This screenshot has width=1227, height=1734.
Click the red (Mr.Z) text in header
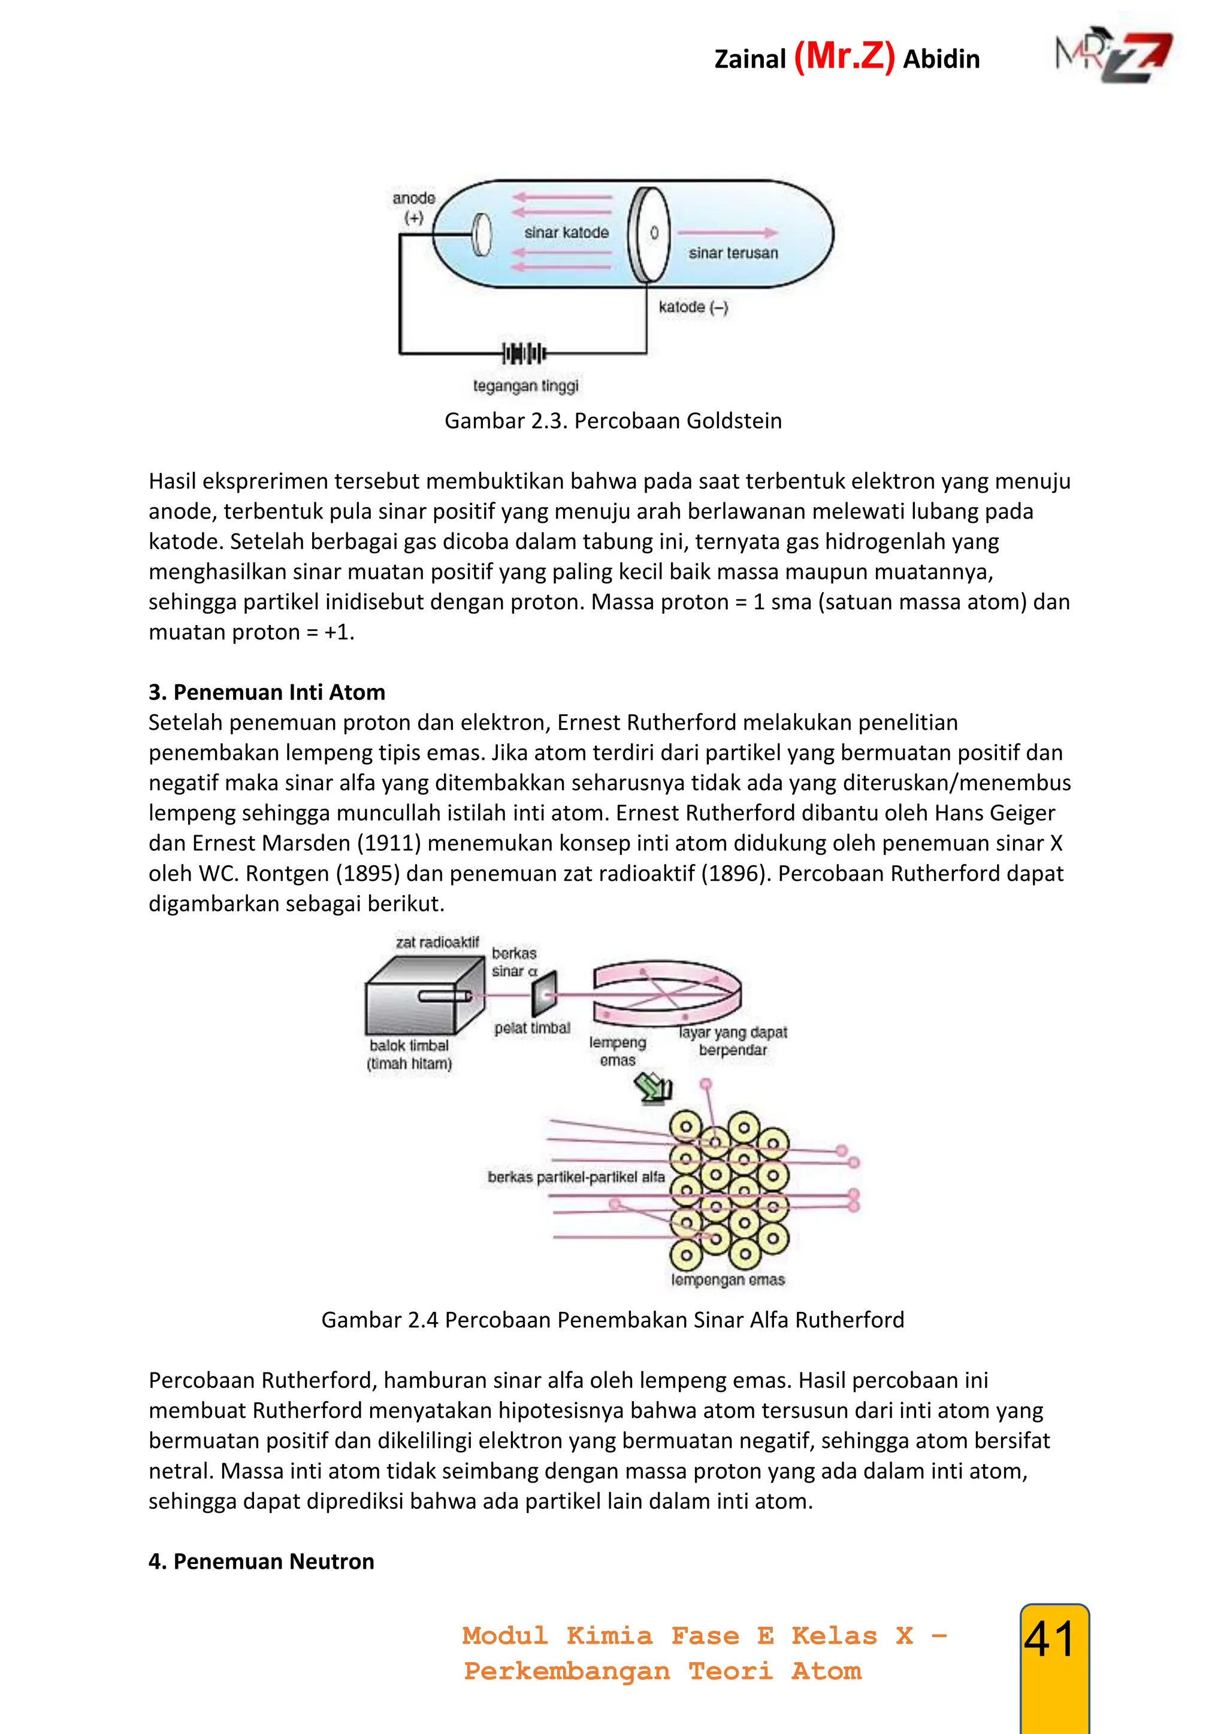(x=844, y=57)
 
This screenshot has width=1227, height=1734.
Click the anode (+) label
(x=413, y=208)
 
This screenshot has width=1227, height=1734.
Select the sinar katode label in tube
(x=566, y=232)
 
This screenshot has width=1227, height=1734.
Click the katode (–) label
(x=693, y=307)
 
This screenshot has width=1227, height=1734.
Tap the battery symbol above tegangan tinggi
(x=524, y=353)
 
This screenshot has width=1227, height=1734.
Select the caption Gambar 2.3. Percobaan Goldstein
(x=613, y=421)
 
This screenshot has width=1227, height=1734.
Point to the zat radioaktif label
(x=437, y=942)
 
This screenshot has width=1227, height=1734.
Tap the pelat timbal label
(x=532, y=1028)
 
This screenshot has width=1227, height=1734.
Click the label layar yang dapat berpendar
(x=732, y=1041)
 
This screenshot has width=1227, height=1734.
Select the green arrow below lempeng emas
(x=654, y=1089)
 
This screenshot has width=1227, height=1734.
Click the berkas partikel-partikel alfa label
(x=576, y=1177)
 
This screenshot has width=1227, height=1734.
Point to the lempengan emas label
(x=727, y=1280)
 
